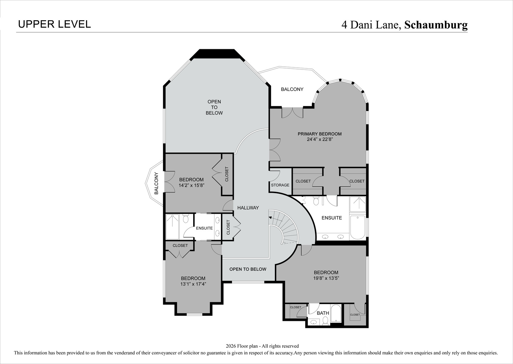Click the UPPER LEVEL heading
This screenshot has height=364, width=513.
point(54,24)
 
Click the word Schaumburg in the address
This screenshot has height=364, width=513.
point(436,25)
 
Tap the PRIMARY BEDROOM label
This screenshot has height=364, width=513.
point(319,134)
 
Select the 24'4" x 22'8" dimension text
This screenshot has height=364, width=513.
point(319,140)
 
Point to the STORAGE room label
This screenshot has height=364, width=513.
point(280,185)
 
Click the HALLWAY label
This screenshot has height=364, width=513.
point(248,208)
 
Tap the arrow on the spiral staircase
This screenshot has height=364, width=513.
point(270,217)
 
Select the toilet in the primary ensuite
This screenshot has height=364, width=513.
point(316,201)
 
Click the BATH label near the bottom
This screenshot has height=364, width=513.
point(323,313)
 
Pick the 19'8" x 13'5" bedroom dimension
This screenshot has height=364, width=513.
point(326,278)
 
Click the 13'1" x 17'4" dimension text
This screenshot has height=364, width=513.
point(193,284)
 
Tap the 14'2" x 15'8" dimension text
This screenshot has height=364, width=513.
point(191,185)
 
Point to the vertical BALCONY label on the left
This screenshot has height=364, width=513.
point(156,183)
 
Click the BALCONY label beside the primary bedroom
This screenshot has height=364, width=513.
point(292,89)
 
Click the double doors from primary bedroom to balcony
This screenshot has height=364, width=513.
point(292,113)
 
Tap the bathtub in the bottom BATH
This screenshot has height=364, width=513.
point(336,313)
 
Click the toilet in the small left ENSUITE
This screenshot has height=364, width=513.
point(186,219)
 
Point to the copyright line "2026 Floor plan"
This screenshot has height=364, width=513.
point(262,346)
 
